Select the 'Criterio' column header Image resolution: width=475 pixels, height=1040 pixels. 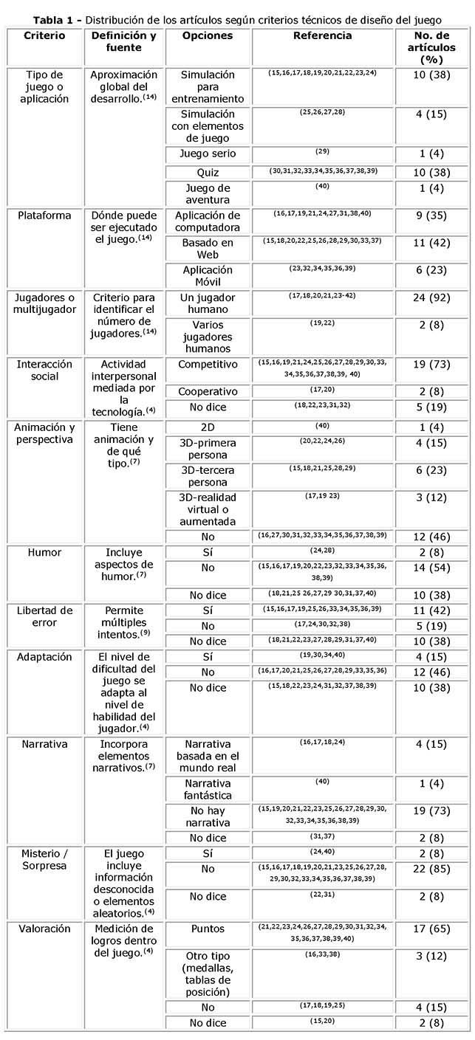(44, 35)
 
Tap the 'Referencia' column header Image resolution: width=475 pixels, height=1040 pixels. (322, 35)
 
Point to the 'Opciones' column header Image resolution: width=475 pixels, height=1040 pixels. (207, 35)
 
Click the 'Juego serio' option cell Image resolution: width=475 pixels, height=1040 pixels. (207, 154)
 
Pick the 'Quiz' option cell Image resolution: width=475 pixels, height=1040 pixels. (207, 171)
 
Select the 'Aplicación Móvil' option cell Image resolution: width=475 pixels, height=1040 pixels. (207, 277)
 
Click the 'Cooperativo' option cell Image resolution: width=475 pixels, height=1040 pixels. (207, 390)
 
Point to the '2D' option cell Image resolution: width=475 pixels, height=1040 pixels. (207, 427)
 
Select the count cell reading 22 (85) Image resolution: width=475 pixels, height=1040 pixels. (431, 869)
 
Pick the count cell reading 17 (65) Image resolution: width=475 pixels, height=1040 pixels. (431, 929)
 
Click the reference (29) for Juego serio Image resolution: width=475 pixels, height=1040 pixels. (322, 151)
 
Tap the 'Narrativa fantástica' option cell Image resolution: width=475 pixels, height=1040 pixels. (207, 789)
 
